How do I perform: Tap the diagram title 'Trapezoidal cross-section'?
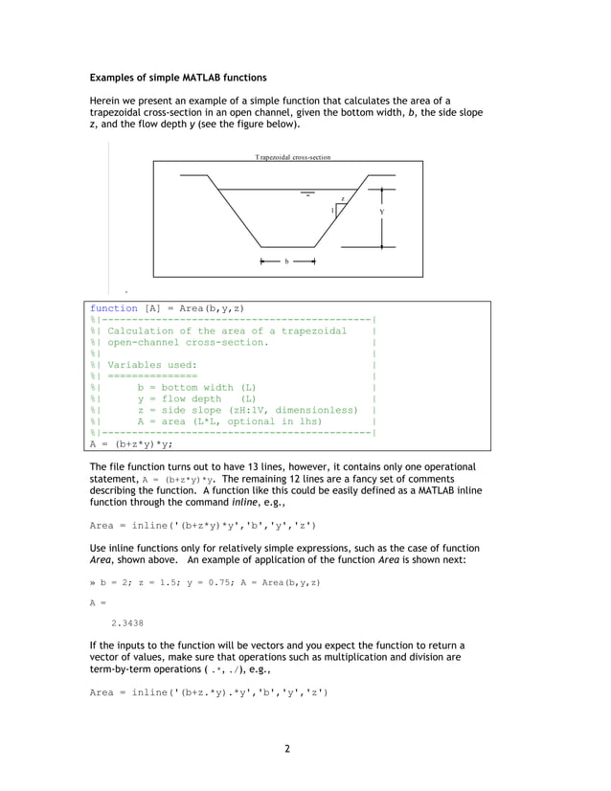click(292, 156)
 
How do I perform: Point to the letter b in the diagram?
click(286, 260)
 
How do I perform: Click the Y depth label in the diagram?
click(381, 212)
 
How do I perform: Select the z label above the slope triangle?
click(343, 197)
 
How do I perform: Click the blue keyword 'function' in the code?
click(114, 308)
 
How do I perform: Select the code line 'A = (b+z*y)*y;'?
click(131, 444)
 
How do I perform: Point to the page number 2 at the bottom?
click(286, 749)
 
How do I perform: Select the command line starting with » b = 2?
click(204, 581)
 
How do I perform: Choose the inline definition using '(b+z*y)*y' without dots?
click(203, 525)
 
